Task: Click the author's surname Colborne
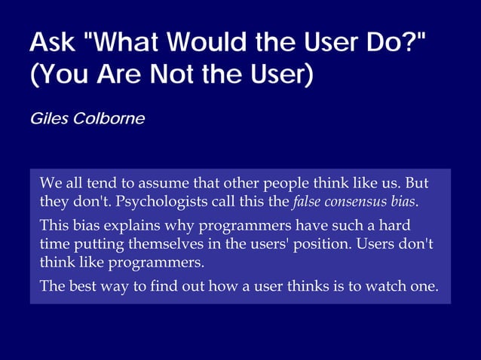107,119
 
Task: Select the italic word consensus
354,202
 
